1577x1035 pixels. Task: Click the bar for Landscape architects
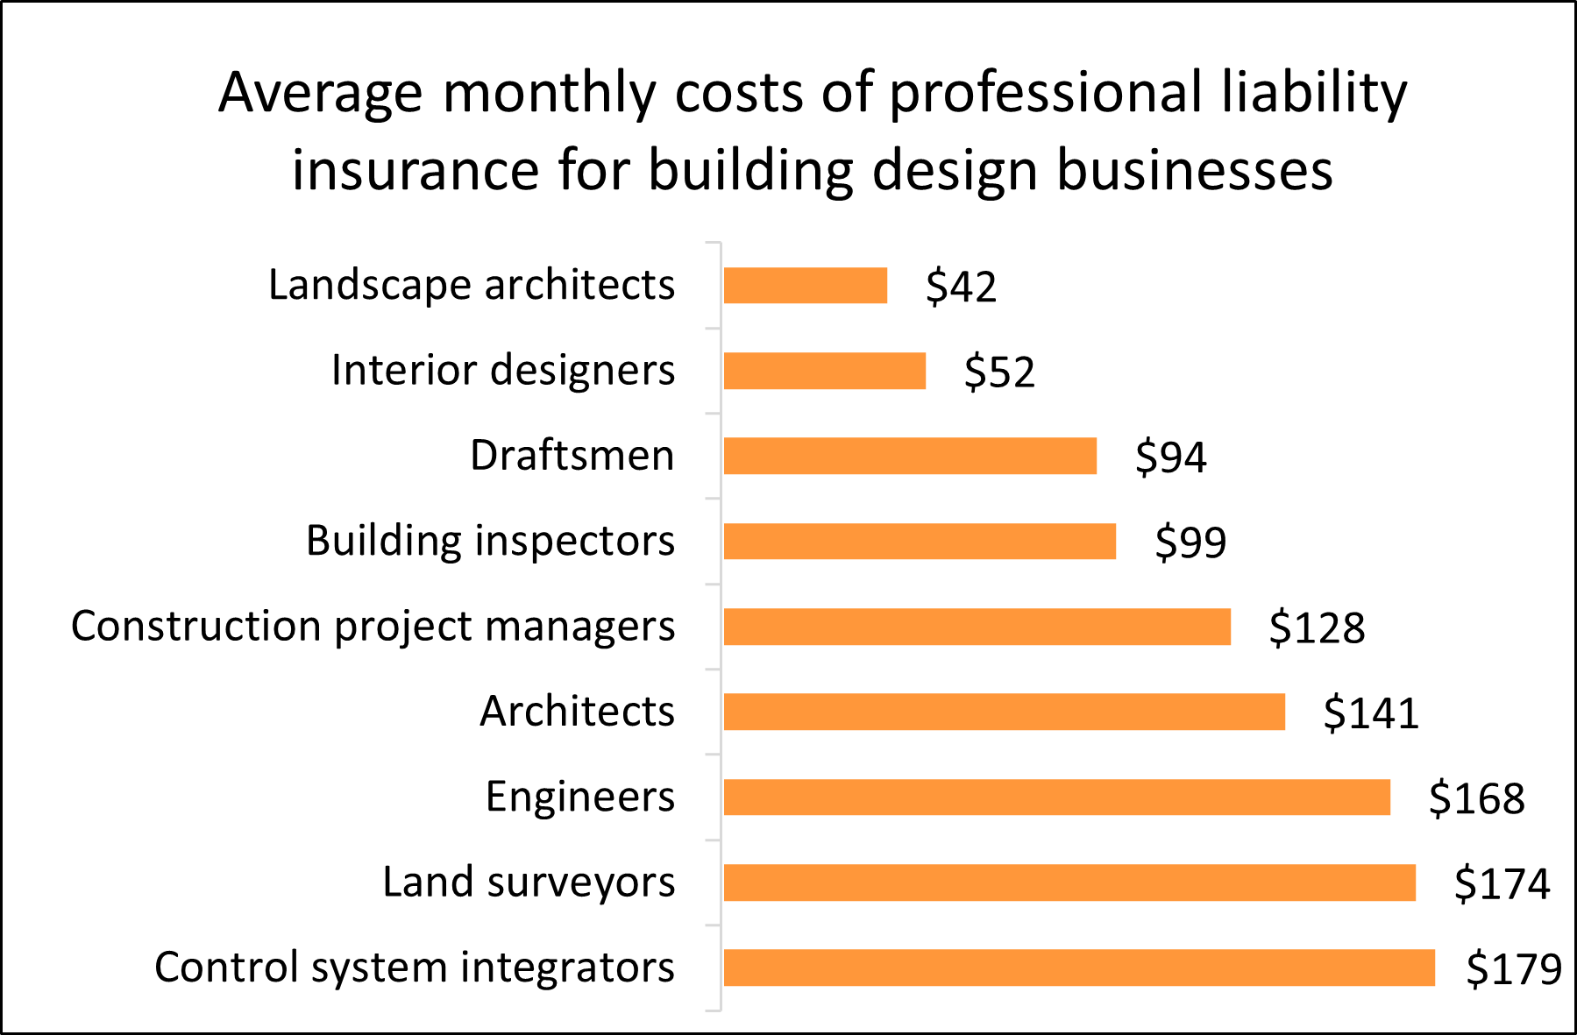(805, 286)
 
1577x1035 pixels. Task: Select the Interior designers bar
(824, 371)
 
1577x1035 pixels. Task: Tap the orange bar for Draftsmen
(910, 456)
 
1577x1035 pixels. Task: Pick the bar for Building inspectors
(920, 541)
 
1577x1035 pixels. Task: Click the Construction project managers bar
(977, 627)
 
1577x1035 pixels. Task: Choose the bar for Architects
(1004, 712)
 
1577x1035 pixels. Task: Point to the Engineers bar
(1056, 797)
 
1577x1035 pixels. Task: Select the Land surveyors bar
(1069, 883)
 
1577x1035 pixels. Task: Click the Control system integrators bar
(1079, 968)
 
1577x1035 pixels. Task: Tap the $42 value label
(961, 287)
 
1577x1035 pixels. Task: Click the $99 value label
(1190, 542)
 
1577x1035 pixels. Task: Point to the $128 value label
(1317, 627)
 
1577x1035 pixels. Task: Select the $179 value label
(1514, 968)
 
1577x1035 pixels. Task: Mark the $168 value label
(1476, 798)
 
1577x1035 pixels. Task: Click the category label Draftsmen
(572, 456)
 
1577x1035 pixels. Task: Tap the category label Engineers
(580, 797)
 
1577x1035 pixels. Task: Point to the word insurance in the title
(415, 169)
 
